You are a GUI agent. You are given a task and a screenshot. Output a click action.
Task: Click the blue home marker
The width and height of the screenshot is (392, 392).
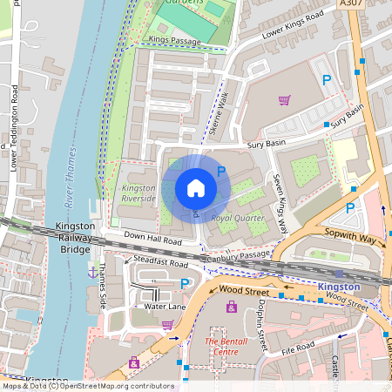coord(196,187)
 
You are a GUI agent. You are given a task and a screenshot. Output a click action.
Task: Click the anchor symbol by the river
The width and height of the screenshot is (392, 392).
coord(92,272)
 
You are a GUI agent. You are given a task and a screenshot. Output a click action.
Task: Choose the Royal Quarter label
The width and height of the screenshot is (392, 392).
coord(237,217)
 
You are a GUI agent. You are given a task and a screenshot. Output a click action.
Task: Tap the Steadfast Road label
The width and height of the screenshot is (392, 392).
coord(161,262)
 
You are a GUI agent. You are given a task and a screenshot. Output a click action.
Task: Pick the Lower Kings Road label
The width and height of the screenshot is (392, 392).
coord(291,26)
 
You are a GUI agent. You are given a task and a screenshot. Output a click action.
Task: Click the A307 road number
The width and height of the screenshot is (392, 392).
coord(351,4)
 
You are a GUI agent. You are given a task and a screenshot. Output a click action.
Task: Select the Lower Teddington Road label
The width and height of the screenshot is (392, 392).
coord(13,126)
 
